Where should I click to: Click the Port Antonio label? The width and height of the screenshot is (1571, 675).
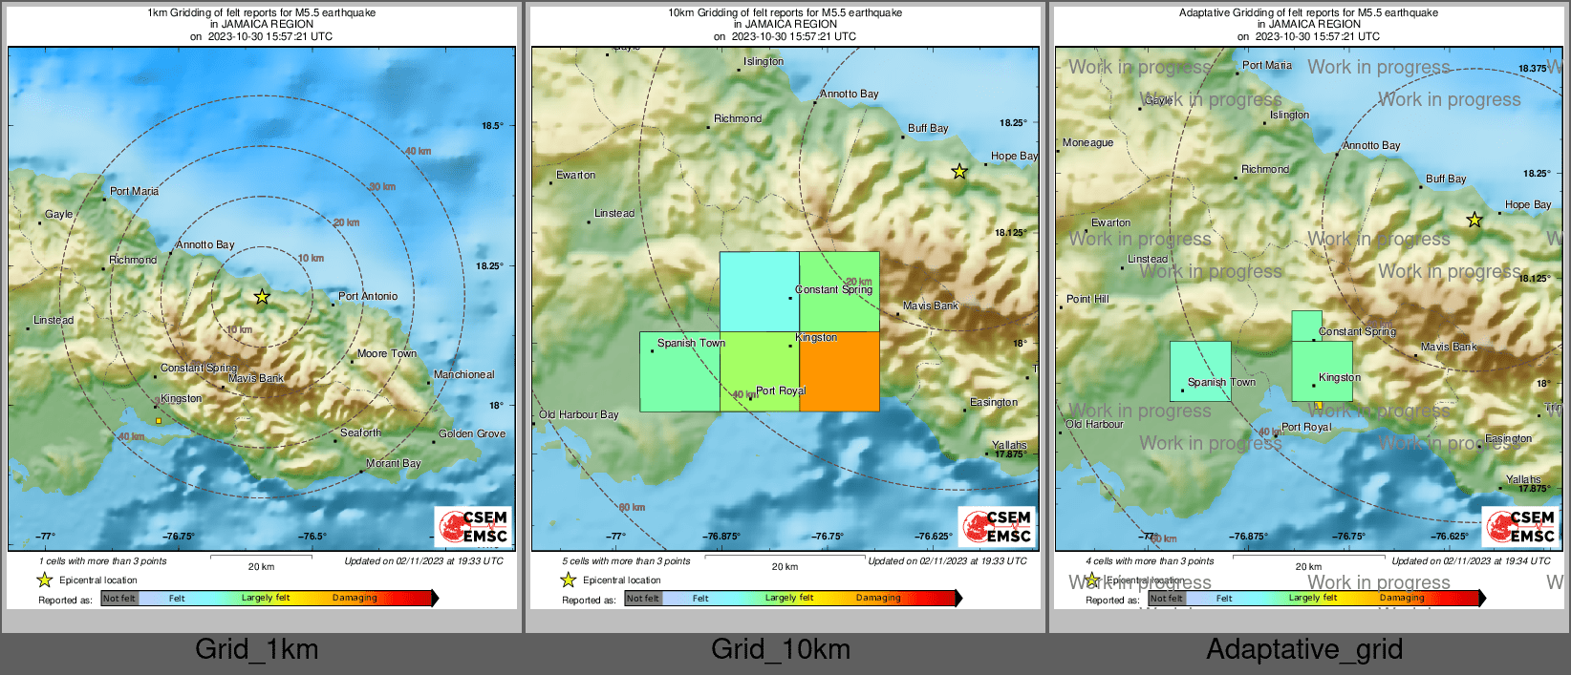[368, 296]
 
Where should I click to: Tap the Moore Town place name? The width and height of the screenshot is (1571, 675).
[387, 353]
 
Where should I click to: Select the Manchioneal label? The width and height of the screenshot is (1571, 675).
[463, 374]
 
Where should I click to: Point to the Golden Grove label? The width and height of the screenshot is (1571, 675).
[472, 433]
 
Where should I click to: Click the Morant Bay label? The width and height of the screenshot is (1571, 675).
[394, 463]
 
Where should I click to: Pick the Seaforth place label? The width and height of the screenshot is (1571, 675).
[360, 432]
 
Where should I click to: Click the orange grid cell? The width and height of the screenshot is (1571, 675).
[839, 371]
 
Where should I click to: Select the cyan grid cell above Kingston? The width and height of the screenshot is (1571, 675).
[759, 291]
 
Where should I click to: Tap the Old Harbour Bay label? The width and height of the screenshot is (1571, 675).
[578, 414]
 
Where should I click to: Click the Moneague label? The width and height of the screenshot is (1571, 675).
[1087, 142]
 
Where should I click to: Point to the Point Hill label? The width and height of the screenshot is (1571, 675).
[1087, 299]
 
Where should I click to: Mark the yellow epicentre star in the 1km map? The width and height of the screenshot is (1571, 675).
[262, 297]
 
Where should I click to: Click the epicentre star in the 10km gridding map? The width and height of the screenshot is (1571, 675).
[959, 172]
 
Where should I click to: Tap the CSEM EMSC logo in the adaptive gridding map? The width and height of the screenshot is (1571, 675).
[1520, 526]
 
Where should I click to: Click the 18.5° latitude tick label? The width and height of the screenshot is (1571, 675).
[492, 125]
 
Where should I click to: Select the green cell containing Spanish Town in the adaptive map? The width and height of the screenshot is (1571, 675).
[1200, 370]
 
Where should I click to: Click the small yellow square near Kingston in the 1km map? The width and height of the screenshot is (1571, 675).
[159, 420]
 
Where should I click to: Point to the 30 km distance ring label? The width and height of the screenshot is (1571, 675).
[382, 187]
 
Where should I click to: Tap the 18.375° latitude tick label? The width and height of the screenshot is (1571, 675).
[1532, 69]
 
